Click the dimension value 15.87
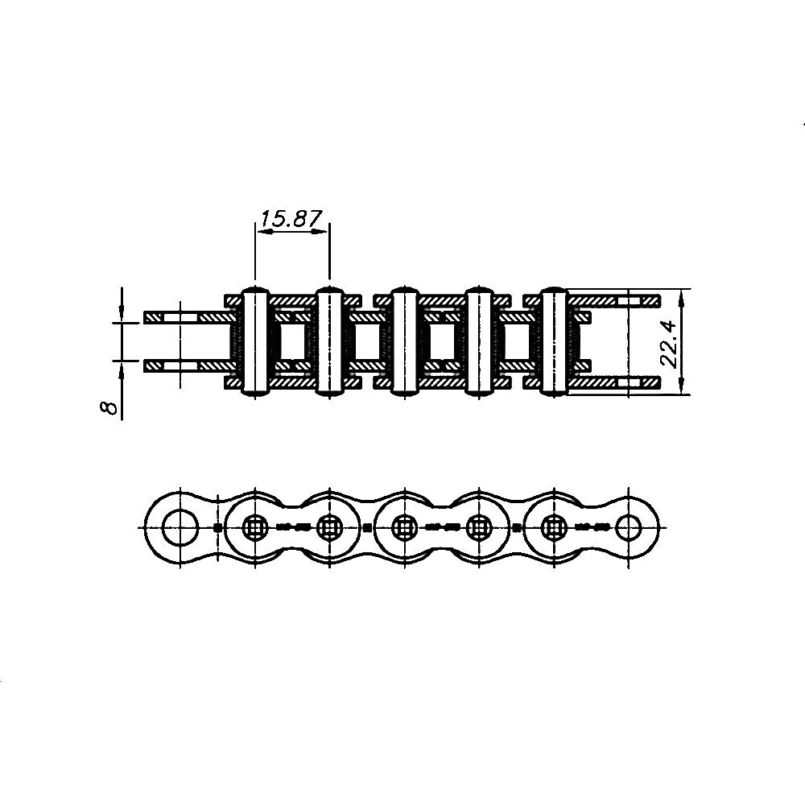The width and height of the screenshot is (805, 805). pos(291,219)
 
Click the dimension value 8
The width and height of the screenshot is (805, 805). pos(109,407)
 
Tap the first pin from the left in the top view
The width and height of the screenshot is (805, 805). pos(255,341)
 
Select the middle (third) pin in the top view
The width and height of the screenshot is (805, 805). pos(405,341)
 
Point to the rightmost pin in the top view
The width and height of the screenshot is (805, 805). pos(554,341)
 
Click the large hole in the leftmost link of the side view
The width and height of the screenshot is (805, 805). pos(180,528)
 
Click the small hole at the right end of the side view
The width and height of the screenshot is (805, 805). pos(629,528)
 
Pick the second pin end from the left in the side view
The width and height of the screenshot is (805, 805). pos(329,528)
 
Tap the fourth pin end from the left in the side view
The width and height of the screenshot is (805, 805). pos(479,528)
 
